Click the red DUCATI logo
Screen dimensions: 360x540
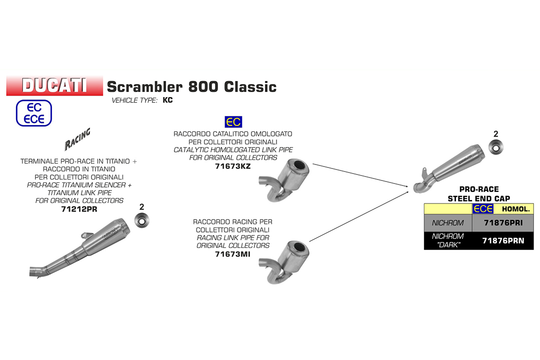(54, 85)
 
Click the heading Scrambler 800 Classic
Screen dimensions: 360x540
(191, 86)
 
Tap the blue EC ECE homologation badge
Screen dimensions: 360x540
(34, 112)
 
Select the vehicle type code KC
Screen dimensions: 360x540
(168, 100)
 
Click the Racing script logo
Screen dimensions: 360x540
(77, 140)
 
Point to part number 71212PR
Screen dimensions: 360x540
(78, 209)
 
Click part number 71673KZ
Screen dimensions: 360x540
(232, 166)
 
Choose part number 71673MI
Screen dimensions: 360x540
(232, 254)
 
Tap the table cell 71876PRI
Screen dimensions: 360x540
(502, 222)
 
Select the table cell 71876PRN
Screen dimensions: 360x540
(502, 240)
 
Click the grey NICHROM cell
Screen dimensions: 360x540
(447, 222)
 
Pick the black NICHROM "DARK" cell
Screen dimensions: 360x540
(447, 240)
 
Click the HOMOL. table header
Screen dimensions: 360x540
(515, 209)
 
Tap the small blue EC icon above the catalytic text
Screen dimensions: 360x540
(233, 122)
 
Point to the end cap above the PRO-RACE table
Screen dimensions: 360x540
(496, 147)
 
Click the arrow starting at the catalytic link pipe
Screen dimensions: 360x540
(360, 174)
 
